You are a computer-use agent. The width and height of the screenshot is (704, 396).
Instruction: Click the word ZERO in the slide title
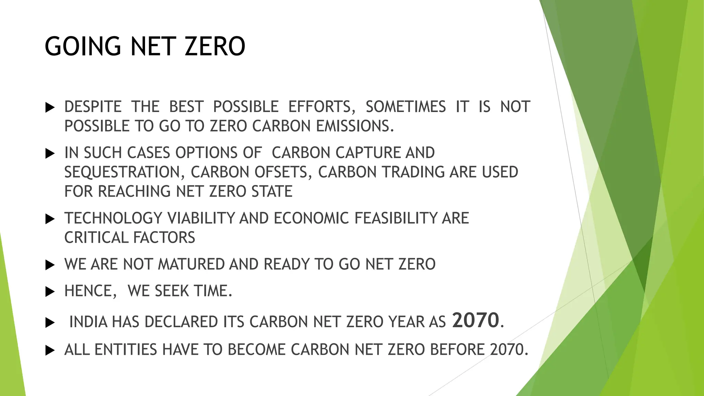point(215,46)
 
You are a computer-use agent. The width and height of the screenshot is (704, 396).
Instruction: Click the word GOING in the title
point(83,46)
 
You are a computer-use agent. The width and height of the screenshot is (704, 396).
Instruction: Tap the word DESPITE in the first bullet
point(93,107)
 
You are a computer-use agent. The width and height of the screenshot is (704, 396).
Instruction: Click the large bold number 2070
point(475,320)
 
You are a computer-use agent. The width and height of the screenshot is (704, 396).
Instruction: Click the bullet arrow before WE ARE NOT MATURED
point(50,265)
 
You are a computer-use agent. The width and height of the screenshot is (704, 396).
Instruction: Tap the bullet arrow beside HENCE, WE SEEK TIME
point(50,292)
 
